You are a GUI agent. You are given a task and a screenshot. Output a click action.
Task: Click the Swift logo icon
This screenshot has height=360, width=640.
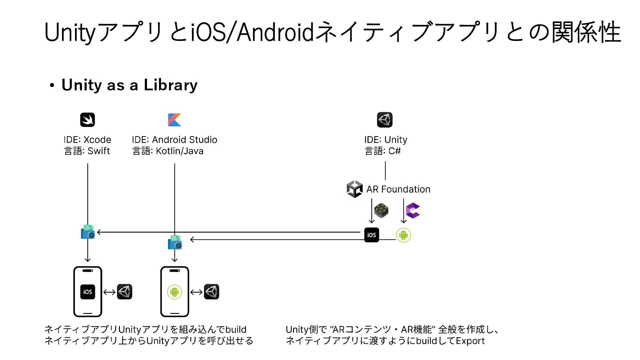point(87,120)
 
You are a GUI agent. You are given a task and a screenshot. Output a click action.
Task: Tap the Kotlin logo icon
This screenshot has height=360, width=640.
point(175,120)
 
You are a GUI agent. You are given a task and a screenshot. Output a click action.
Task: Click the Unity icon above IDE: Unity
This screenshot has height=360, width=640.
point(385,120)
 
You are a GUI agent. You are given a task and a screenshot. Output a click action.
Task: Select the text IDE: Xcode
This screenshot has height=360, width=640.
point(87,140)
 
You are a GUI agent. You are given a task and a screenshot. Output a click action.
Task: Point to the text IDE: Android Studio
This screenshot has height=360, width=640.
point(174,140)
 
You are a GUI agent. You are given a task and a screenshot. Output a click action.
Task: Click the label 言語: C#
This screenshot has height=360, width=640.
point(383,151)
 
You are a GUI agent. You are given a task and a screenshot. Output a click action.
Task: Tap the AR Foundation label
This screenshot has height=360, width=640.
point(398,189)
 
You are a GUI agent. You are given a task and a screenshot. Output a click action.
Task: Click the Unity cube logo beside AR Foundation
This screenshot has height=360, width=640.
point(354,189)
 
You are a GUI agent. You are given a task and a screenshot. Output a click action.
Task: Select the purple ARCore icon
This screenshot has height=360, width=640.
point(413,210)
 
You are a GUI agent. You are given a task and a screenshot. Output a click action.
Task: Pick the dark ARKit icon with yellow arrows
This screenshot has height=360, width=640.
point(381,210)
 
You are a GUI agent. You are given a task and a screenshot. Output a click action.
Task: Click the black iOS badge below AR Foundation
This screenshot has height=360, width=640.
point(372,235)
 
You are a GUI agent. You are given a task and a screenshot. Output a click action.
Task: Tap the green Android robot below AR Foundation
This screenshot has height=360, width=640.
point(403,235)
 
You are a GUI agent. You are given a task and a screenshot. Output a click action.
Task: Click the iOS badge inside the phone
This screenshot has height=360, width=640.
point(88,292)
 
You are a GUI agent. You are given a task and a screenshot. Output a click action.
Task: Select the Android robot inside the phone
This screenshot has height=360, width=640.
point(175,292)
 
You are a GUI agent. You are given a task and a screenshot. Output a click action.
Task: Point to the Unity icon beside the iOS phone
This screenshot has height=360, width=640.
point(125,292)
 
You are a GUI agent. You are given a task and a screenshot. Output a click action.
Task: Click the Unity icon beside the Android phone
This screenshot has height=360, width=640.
point(212,292)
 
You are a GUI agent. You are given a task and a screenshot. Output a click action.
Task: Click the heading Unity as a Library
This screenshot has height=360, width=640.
point(129,85)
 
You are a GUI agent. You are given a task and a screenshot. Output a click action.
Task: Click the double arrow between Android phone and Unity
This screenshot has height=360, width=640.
point(196,292)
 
